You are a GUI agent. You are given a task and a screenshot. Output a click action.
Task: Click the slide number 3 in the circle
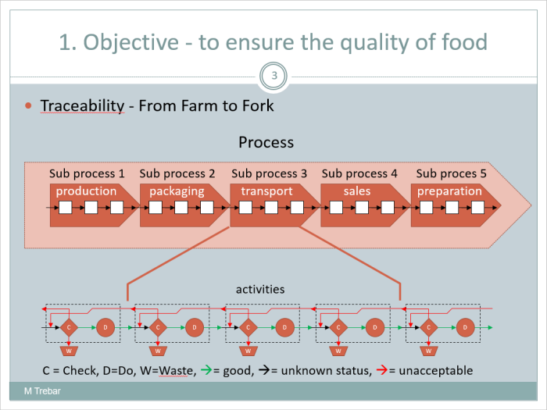click(x=274, y=75)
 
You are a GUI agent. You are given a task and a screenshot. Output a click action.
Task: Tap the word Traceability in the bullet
click(x=82, y=105)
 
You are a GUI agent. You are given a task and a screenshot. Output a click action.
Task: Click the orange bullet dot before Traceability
click(x=28, y=105)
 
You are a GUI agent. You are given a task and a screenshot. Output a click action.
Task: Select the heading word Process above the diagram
click(x=266, y=142)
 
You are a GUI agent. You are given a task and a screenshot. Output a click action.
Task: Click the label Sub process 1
click(x=87, y=173)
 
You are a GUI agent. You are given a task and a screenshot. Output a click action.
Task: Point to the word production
click(x=86, y=191)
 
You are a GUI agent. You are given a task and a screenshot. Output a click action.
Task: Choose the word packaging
click(x=177, y=191)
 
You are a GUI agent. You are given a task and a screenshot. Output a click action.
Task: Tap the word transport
click(x=267, y=191)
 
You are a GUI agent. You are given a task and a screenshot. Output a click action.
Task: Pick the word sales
click(x=357, y=191)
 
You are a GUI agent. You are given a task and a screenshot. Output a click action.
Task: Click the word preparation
click(x=449, y=191)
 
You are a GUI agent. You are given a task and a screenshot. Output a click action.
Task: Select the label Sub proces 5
click(x=451, y=173)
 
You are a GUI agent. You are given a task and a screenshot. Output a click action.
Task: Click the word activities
click(x=260, y=290)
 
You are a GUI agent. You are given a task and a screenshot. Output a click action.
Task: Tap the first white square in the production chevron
click(x=66, y=208)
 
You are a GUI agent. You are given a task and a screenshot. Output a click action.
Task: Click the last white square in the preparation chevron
click(x=477, y=208)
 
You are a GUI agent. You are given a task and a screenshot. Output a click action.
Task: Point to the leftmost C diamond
click(x=69, y=327)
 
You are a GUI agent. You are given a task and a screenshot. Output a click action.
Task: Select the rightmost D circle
click(x=465, y=327)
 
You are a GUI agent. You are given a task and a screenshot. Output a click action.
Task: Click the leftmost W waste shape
click(x=69, y=351)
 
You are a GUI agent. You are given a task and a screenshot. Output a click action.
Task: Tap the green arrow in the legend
click(x=206, y=369)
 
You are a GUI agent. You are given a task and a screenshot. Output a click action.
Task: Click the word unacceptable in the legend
click(x=436, y=370)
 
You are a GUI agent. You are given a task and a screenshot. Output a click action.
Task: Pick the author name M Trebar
click(x=42, y=390)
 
